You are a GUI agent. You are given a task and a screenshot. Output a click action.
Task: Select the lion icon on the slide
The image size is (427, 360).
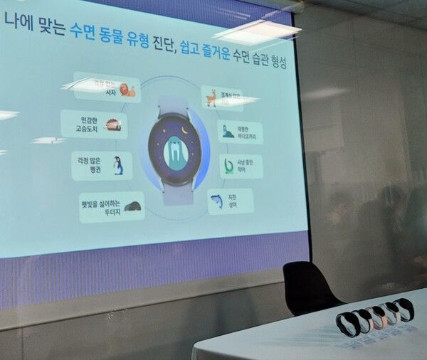tap(127, 90)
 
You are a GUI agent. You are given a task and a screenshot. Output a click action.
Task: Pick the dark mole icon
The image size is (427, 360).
tap(131, 207)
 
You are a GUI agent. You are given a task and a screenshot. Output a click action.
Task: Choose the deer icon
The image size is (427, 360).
tap(211, 97)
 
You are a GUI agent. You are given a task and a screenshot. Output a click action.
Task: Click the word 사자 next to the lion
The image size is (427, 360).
tap(110, 92)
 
